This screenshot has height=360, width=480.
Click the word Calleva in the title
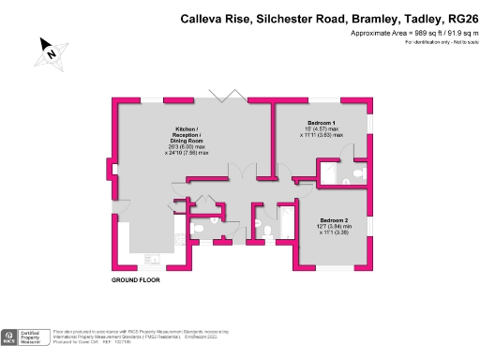tap(206, 18)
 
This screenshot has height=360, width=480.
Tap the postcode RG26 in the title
tap(457, 18)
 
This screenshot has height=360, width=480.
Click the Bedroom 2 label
tap(333, 218)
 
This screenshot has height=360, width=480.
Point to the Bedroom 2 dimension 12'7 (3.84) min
tap(333, 225)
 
